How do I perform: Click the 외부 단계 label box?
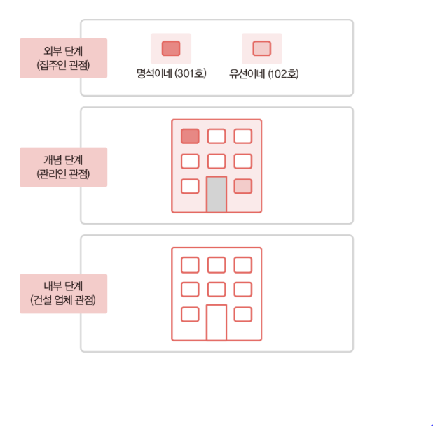(64, 58)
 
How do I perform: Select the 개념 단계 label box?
(64, 167)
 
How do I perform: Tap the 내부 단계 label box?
(64, 294)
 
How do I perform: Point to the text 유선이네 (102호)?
(263, 73)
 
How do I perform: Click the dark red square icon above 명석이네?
(171, 48)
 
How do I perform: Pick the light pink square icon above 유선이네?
(261, 48)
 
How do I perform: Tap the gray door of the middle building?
(216, 194)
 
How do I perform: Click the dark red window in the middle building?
(190, 136)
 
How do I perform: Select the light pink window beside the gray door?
(242, 186)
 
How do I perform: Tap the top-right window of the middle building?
(242, 136)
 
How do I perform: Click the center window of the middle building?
(216, 161)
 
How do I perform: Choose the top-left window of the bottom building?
(190, 264)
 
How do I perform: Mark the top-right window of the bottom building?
(242, 264)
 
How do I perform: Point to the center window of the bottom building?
(216, 289)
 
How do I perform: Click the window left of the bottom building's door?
(190, 314)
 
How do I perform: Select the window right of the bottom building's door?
(242, 314)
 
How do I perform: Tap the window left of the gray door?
(190, 186)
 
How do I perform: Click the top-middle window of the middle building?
(216, 136)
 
